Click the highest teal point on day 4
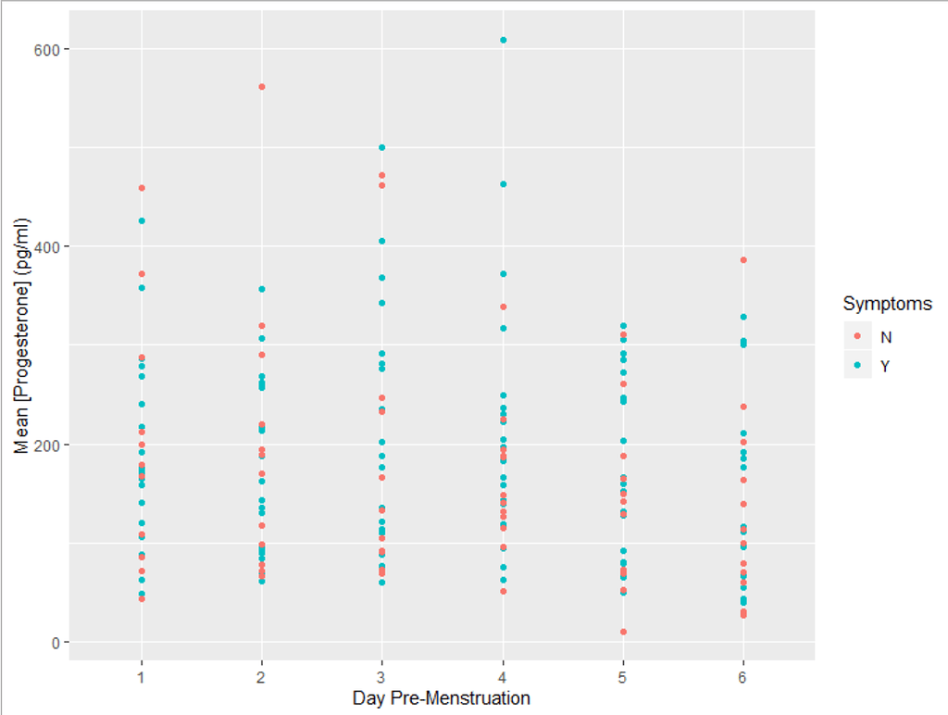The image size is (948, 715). pyautogui.click(x=503, y=40)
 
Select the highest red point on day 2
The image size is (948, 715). pyautogui.click(x=262, y=87)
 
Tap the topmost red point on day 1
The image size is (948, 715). pyautogui.click(x=142, y=188)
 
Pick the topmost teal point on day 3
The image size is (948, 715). pyautogui.click(x=382, y=147)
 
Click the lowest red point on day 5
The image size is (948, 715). pyautogui.click(x=623, y=632)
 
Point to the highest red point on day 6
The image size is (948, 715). pyautogui.click(x=743, y=260)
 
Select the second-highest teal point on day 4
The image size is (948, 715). pyautogui.click(x=503, y=184)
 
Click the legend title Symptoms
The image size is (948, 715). pyautogui.click(x=887, y=304)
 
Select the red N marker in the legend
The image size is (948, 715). pyautogui.click(x=857, y=336)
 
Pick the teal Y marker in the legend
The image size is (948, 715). pyautogui.click(x=857, y=366)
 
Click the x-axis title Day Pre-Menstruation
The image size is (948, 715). pyautogui.click(x=442, y=697)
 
